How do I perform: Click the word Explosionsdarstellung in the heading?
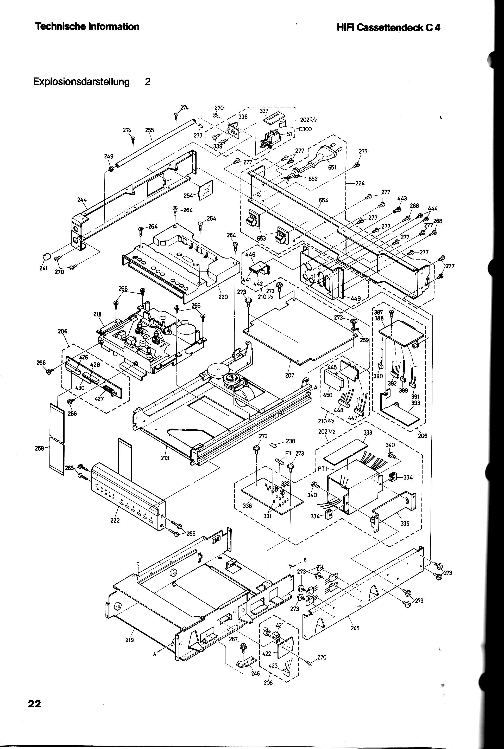82,82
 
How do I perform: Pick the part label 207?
289,375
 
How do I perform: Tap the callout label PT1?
322,468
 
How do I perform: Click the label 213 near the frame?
165,458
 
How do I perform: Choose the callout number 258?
39,449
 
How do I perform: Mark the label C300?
305,130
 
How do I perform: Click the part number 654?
324,200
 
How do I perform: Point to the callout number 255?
149,130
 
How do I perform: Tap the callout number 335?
405,523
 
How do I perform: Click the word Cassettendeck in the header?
390,28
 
